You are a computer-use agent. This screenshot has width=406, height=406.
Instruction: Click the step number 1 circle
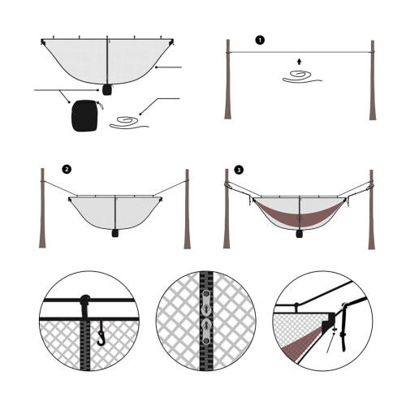(260, 41)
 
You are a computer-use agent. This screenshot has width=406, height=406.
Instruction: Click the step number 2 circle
(67, 169)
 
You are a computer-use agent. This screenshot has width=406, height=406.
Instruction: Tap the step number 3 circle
(239, 170)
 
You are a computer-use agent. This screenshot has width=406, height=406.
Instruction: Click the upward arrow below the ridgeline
(299, 62)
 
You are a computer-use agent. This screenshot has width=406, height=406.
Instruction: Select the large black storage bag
(84, 116)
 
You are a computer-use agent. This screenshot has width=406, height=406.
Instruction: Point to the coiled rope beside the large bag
(129, 123)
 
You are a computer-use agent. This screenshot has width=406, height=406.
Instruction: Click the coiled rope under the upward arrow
(302, 76)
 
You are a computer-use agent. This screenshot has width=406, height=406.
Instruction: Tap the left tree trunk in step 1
(228, 80)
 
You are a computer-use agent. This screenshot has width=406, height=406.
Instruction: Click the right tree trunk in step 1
(373, 80)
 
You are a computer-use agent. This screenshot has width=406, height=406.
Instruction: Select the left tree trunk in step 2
(42, 208)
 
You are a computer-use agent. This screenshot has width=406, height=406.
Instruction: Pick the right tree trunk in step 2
(187, 209)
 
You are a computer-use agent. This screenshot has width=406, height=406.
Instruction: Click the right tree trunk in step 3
(371, 209)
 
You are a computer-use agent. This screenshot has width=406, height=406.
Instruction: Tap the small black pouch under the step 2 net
(115, 233)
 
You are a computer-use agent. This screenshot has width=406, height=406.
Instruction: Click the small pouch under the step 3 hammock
(299, 234)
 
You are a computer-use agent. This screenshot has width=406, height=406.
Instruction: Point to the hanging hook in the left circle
(101, 334)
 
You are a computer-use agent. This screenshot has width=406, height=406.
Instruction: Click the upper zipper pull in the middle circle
(206, 303)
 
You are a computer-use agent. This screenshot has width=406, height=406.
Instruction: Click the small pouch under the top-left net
(107, 89)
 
